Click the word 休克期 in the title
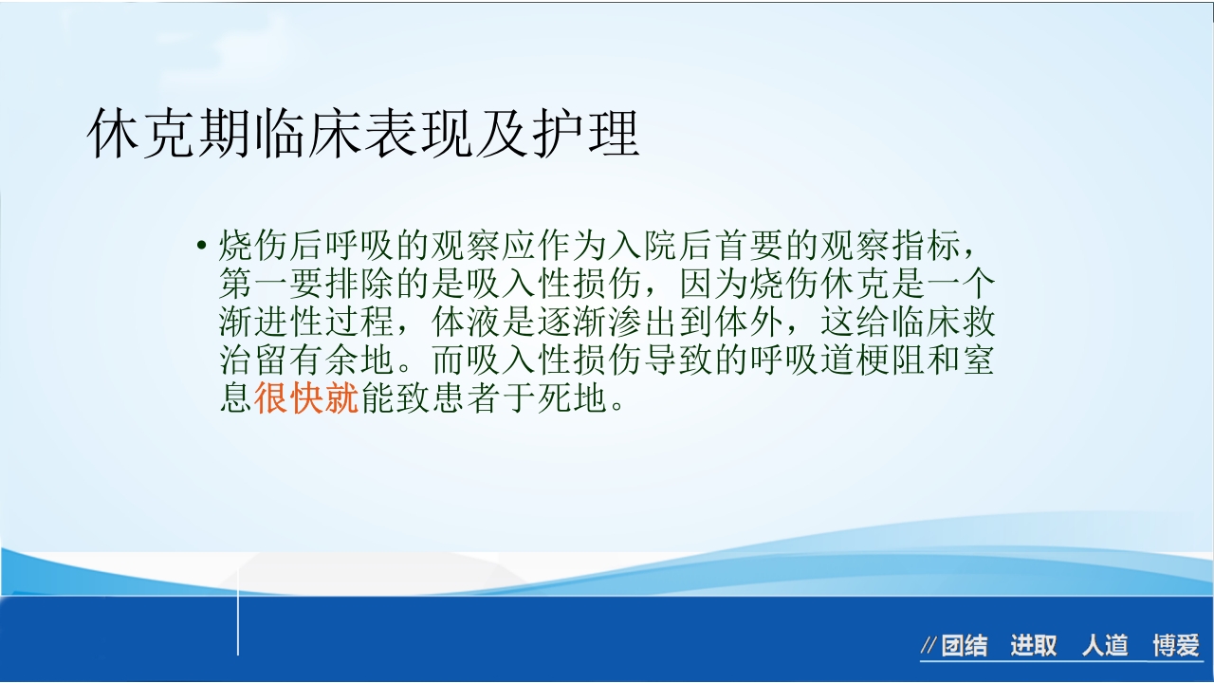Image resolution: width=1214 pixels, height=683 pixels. [x=169, y=134]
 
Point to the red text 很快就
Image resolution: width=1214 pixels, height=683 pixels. [x=307, y=398]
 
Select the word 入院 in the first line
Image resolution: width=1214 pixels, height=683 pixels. [x=609, y=246]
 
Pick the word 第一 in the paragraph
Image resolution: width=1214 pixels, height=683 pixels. [x=254, y=284]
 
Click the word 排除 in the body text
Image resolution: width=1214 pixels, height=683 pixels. [x=360, y=284]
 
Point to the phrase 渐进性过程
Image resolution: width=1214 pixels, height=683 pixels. [x=307, y=322]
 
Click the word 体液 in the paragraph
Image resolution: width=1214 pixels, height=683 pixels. [x=467, y=322]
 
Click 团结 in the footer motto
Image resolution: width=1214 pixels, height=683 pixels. [x=965, y=647]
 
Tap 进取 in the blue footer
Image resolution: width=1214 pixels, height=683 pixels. [x=1034, y=647]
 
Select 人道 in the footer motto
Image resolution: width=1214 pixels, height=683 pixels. [x=1105, y=647]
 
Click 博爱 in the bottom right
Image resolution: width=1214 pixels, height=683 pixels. [x=1176, y=647]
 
